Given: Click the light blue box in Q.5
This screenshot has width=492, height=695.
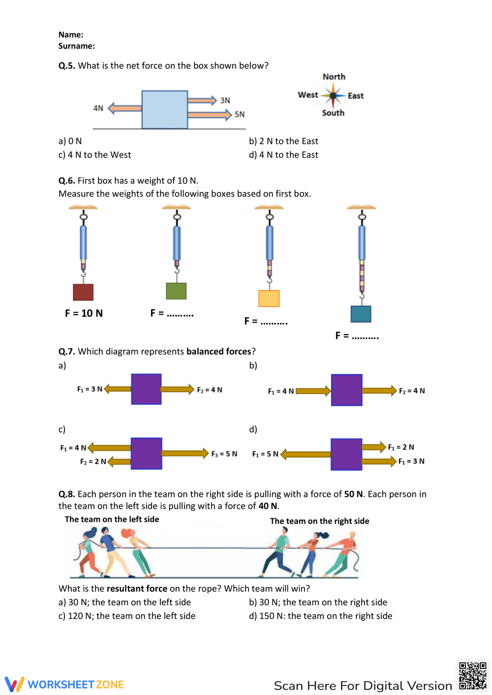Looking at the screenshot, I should pyautogui.click(x=165, y=110).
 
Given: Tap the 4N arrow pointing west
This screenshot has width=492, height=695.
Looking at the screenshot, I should pyautogui.click(x=125, y=108).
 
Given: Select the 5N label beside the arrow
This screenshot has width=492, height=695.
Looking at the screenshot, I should pyautogui.click(x=240, y=115).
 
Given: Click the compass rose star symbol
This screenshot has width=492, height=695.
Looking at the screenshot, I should pyautogui.click(x=333, y=95).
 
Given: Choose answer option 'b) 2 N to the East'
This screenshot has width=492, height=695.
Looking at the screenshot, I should pyautogui.click(x=283, y=141).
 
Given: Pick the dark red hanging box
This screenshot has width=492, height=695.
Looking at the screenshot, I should pyautogui.click(x=83, y=292).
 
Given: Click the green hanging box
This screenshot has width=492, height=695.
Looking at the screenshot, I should pyautogui.click(x=176, y=291).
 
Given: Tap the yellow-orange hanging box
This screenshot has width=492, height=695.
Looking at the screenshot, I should pyautogui.click(x=269, y=298).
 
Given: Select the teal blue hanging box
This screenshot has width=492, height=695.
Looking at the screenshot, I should pyautogui.click(x=361, y=314).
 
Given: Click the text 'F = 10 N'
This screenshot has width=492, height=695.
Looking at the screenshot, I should pyautogui.click(x=84, y=313).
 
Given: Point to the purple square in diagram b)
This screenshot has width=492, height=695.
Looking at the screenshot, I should pyautogui.click(x=346, y=390).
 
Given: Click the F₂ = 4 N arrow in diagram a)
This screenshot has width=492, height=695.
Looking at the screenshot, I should pyautogui.click(x=177, y=389).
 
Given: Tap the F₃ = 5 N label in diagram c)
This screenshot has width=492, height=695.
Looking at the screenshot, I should pyautogui.click(x=224, y=454).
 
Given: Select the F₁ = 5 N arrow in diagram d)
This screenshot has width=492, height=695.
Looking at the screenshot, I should pyautogui.click(x=306, y=454).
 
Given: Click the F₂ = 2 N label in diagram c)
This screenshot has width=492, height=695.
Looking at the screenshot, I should pyautogui.click(x=93, y=462).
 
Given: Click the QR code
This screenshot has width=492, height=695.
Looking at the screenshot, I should pyautogui.click(x=472, y=676).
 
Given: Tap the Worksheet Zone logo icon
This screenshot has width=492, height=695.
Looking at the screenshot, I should pyautogui.click(x=14, y=684).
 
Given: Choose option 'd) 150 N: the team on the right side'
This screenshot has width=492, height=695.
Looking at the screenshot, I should pyautogui.click(x=321, y=616).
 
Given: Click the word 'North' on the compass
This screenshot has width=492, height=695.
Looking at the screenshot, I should pyautogui.click(x=334, y=77).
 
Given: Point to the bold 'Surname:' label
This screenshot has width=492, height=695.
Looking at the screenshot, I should pyautogui.click(x=76, y=46).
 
